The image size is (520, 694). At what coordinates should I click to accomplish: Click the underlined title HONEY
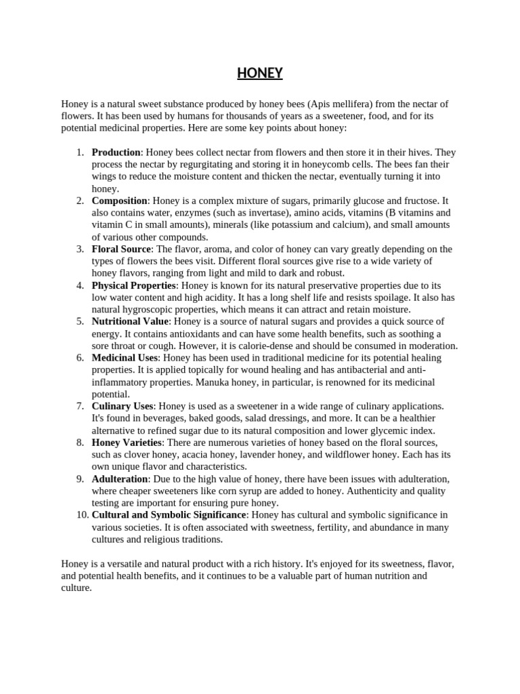click(x=260, y=73)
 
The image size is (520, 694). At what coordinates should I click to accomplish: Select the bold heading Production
click(x=116, y=152)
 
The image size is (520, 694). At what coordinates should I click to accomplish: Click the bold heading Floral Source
click(x=121, y=249)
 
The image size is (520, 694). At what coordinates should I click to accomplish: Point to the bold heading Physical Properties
click(x=134, y=285)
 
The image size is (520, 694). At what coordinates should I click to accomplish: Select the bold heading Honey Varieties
click(x=127, y=443)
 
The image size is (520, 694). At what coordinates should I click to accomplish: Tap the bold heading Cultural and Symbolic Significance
click(x=169, y=515)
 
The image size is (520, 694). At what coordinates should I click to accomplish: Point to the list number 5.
click(x=80, y=321)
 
